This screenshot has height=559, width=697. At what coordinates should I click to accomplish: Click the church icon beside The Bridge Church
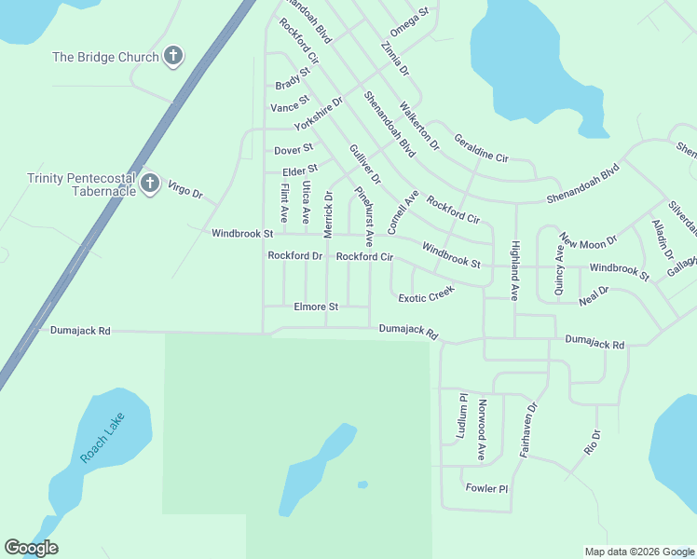pyautogui.click(x=172, y=57)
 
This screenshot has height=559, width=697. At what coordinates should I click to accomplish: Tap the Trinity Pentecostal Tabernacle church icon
pyautogui.click(x=149, y=184)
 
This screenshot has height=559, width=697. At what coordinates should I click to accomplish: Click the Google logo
pyautogui.click(x=31, y=548)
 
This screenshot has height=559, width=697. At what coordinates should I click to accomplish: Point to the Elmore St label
pyautogui.click(x=316, y=306)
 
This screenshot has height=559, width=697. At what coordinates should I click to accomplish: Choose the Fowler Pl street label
pyautogui.click(x=487, y=488)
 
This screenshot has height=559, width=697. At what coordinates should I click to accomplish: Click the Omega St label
pyautogui.click(x=409, y=22)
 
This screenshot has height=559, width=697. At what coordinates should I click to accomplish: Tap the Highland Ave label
pyautogui.click(x=513, y=269)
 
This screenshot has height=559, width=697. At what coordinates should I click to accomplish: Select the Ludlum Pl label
pyautogui.click(x=461, y=416)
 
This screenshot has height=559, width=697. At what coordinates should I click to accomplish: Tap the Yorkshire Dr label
pyautogui.click(x=319, y=114)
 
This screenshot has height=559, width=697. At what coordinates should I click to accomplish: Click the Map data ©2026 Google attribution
pyautogui.click(x=638, y=551)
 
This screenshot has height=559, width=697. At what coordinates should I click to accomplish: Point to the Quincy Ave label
pyautogui.click(x=559, y=270)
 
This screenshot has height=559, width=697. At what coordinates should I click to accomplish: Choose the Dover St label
pyautogui.click(x=293, y=149)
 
